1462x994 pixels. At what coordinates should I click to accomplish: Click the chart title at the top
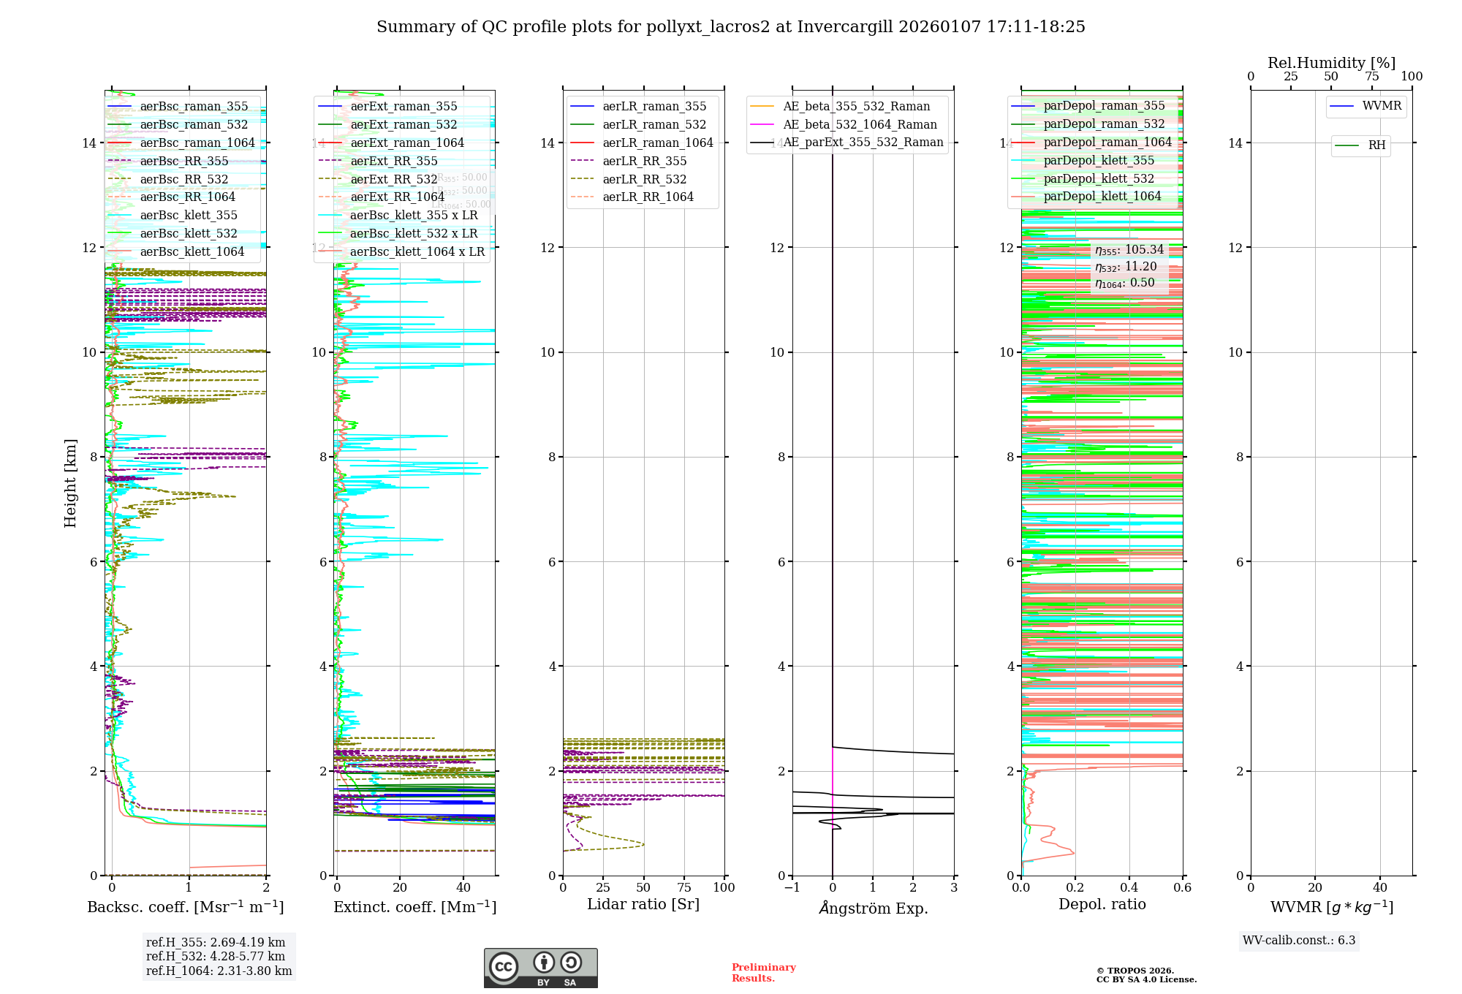(731, 27)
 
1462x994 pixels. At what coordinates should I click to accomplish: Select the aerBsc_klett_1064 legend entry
(192, 252)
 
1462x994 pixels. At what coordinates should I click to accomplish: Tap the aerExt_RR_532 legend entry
(393, 180)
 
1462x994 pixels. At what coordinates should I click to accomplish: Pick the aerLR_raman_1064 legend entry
(657, 143)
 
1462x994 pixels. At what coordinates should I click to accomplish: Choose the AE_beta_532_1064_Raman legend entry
(860, 125)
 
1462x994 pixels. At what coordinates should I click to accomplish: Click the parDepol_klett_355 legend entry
(1098, 161)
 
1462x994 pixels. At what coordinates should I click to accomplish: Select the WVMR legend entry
(1382, 106)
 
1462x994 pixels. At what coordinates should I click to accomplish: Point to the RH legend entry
(1376, 145)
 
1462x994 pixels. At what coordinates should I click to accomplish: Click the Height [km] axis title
(70, 483)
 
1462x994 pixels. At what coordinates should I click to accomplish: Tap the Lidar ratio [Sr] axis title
(643, 905)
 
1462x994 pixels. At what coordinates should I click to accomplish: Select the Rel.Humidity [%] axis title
(1331, 63)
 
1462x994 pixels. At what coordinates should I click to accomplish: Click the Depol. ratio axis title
(1102, 905)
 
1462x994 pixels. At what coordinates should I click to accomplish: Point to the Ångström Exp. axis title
(874, 908)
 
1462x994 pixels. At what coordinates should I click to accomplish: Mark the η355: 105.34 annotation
(1129, 250)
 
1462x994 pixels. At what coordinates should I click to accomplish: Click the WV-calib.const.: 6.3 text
(1299, 941)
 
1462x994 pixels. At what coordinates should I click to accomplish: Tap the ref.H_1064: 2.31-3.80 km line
(219, 971)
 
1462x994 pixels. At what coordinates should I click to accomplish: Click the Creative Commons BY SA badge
(540, 968)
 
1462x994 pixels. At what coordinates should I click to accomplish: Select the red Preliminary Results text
(763, 973)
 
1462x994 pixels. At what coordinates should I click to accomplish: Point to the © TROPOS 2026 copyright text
(1135, 971)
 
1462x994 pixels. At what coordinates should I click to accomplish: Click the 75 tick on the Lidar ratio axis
(684, 888)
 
